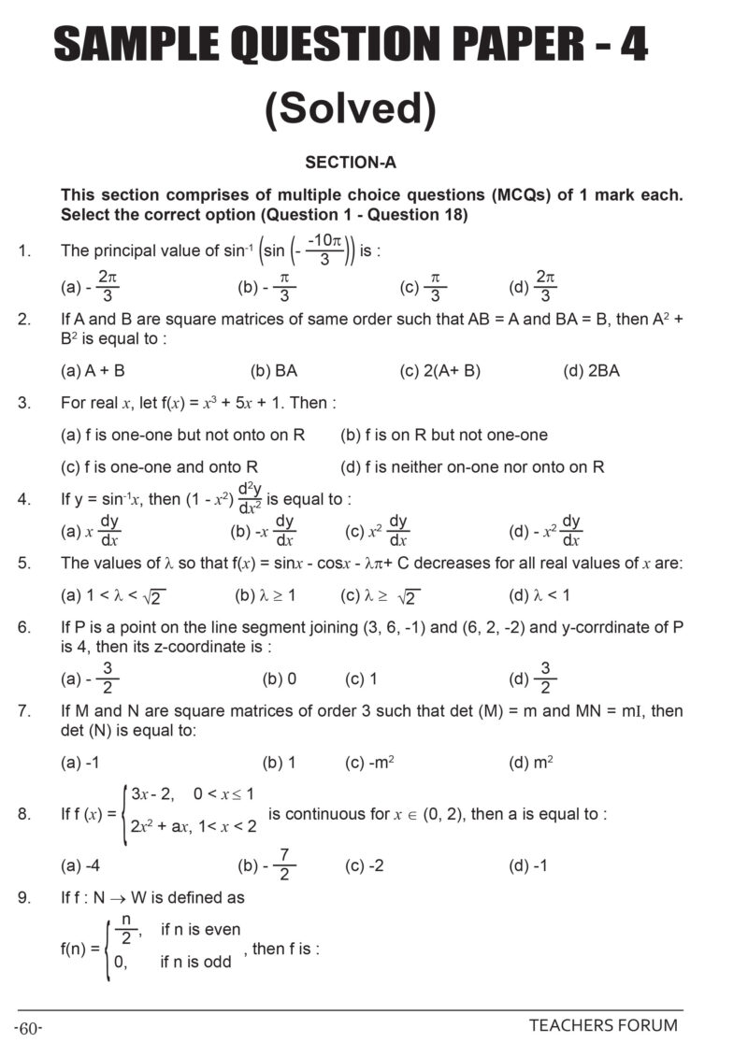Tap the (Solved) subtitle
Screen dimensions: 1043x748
pos(351,110)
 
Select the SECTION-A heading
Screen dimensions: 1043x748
pos(351,163)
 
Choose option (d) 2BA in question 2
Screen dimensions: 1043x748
pos(591,371)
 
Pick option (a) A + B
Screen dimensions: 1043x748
pos(93,371)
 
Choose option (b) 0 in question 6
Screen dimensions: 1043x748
pos(280,679)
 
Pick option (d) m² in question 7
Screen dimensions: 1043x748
pos(530,763)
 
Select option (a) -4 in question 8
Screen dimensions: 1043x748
pos(80,865)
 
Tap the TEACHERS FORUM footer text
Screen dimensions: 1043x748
pos(603,1025)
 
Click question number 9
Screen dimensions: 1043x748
pos(24,897)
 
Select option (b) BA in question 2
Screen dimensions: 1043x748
pos(274,371)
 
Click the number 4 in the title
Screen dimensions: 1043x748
pos(632,45)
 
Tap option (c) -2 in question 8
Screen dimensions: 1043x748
pos(364,865)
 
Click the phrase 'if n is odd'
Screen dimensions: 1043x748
pos(195,962)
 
